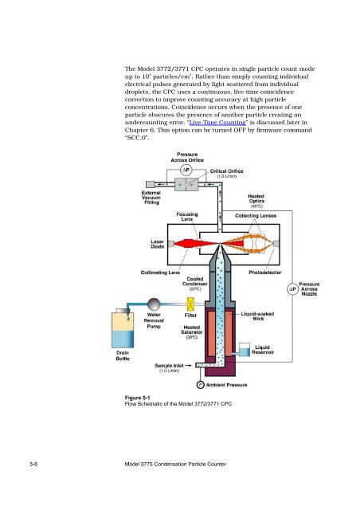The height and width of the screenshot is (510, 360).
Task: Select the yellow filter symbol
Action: point(190,304)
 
